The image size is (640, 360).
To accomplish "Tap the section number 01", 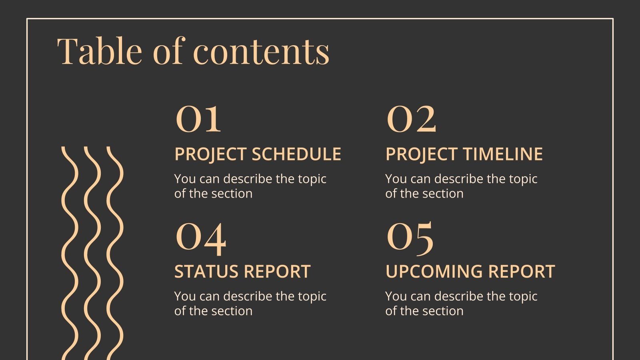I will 198,119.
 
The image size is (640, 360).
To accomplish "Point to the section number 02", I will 411,119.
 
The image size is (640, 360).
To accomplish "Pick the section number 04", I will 200,238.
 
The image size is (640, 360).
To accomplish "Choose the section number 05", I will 410,238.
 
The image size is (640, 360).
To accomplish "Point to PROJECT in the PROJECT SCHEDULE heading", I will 210,154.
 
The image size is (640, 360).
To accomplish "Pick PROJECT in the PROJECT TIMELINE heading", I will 421,154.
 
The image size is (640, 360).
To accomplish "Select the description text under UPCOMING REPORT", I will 461,303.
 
